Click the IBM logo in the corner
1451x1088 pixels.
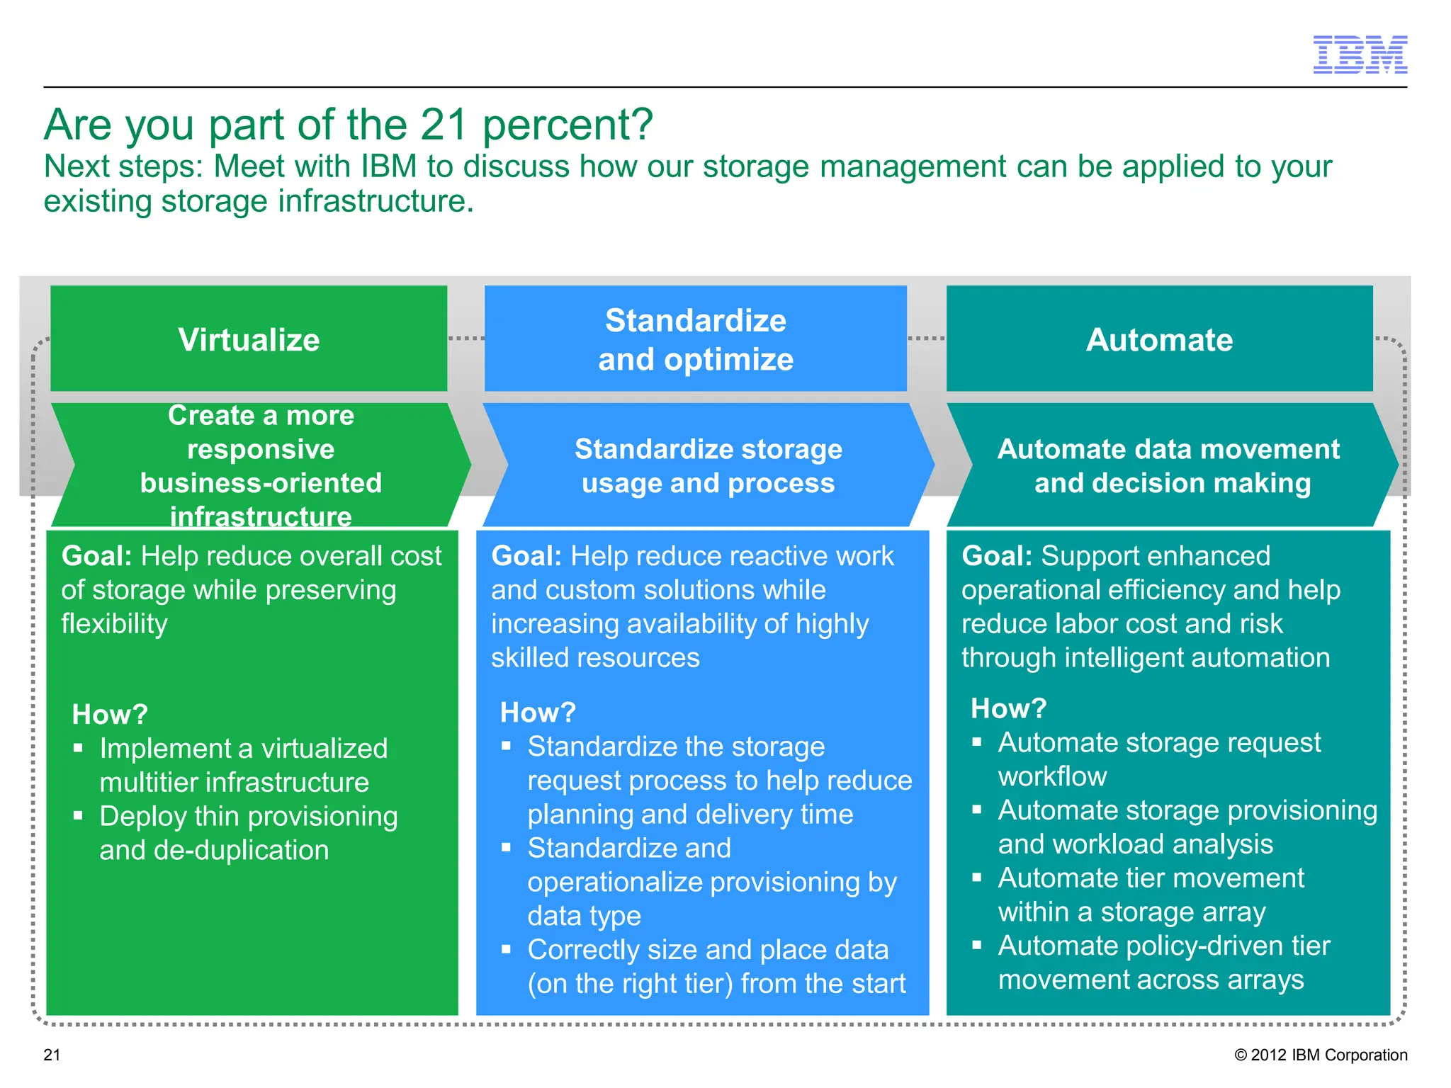point(1360,55)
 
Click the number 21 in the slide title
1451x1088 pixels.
point(444,125)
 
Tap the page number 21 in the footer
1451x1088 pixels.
point(52,1055)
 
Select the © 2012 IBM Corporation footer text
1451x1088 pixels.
point(1321,1055)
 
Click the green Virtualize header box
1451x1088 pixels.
point(249,339)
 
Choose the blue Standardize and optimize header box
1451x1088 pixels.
point(695,339)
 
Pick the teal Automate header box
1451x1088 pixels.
point(1159,339)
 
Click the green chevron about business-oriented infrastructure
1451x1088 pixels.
point(261,465)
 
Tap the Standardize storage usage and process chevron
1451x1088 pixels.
point(708,465)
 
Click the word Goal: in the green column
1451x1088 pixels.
point(97,556)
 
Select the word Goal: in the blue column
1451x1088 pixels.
point(526,556)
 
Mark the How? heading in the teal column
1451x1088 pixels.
point(1008,708)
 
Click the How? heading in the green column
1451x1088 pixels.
point(110,714)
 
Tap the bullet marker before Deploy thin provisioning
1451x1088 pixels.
point(79,816)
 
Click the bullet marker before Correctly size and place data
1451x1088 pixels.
point(507,949)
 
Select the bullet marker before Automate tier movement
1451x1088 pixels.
point(977,878)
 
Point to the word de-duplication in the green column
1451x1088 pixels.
point(241,850)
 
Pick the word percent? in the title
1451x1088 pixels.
point(568,125)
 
